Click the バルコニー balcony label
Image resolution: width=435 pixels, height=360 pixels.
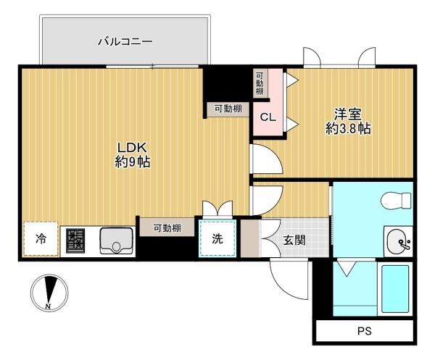click(x=125, y=42)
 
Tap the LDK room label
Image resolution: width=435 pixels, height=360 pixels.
click(x=132, y=148)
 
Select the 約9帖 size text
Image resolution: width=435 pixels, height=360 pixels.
click(x=133, y=162)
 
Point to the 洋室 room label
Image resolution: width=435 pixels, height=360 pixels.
click(x=347, y=114)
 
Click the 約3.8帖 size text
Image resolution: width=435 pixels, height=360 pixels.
click(x=348, y=128)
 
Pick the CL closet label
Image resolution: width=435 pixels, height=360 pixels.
click(x=268, y=117)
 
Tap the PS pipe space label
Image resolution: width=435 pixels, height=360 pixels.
click(x=364, y=331)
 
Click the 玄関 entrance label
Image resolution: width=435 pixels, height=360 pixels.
click(x=294, y=240)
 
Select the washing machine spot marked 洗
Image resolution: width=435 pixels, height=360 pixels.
click(x=217, y=238)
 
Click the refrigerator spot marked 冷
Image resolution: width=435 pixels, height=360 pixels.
click(x=41, y=238)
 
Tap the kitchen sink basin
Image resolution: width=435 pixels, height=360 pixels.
click(x=116, y=240)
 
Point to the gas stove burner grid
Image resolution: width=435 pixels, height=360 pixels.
click(x=75, y=240)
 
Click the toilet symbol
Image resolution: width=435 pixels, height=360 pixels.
click(x=396, y=201)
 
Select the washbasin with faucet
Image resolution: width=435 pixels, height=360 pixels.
click(x=398, y=242)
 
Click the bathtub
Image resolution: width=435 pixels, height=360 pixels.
click(x=395, y=289)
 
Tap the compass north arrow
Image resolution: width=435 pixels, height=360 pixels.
click(x=51, y=289)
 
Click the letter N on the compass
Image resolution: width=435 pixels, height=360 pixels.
click(x=49, y=306)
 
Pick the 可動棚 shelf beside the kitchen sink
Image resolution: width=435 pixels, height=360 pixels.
click(x=167, y=227)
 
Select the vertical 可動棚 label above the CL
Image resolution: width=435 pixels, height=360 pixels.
click(x=260, y=83)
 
